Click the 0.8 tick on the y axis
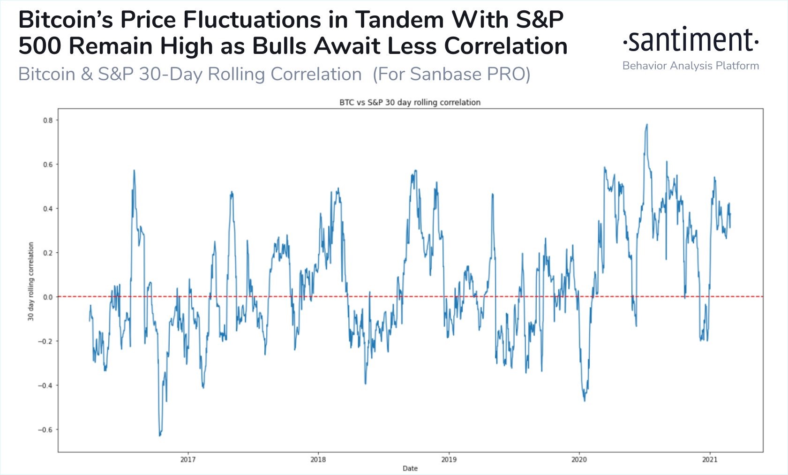(x=48, y=120)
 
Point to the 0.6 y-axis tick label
(x=48, y=164)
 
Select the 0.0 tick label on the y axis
(x=48, y=297)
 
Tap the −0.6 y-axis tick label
(x=46, y=430)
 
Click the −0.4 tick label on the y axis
(x=46, y=385)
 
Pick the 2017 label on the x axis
(x=188, y=460)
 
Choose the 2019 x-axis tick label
(x=449, y=460)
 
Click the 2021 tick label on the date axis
(x=710, y=460)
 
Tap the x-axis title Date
(x=410, y=468)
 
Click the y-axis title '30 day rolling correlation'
(x=31, y=281)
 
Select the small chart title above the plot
(x=410, y=102)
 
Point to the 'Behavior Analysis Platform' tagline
(x=690, y=66)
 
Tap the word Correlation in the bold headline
(x=506, y=46)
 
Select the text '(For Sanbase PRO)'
(x=451, y=74)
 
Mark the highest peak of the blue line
(x=647, y=125)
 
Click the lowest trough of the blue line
(x=160, y=436)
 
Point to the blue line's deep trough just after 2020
(x=585, y=400)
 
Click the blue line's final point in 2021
(x=730, y=227)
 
